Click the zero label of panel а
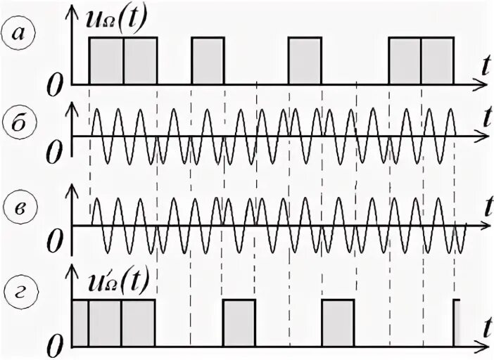pos(57,86)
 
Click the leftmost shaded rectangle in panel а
pos(106,60)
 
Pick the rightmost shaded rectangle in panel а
pos(436,60)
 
